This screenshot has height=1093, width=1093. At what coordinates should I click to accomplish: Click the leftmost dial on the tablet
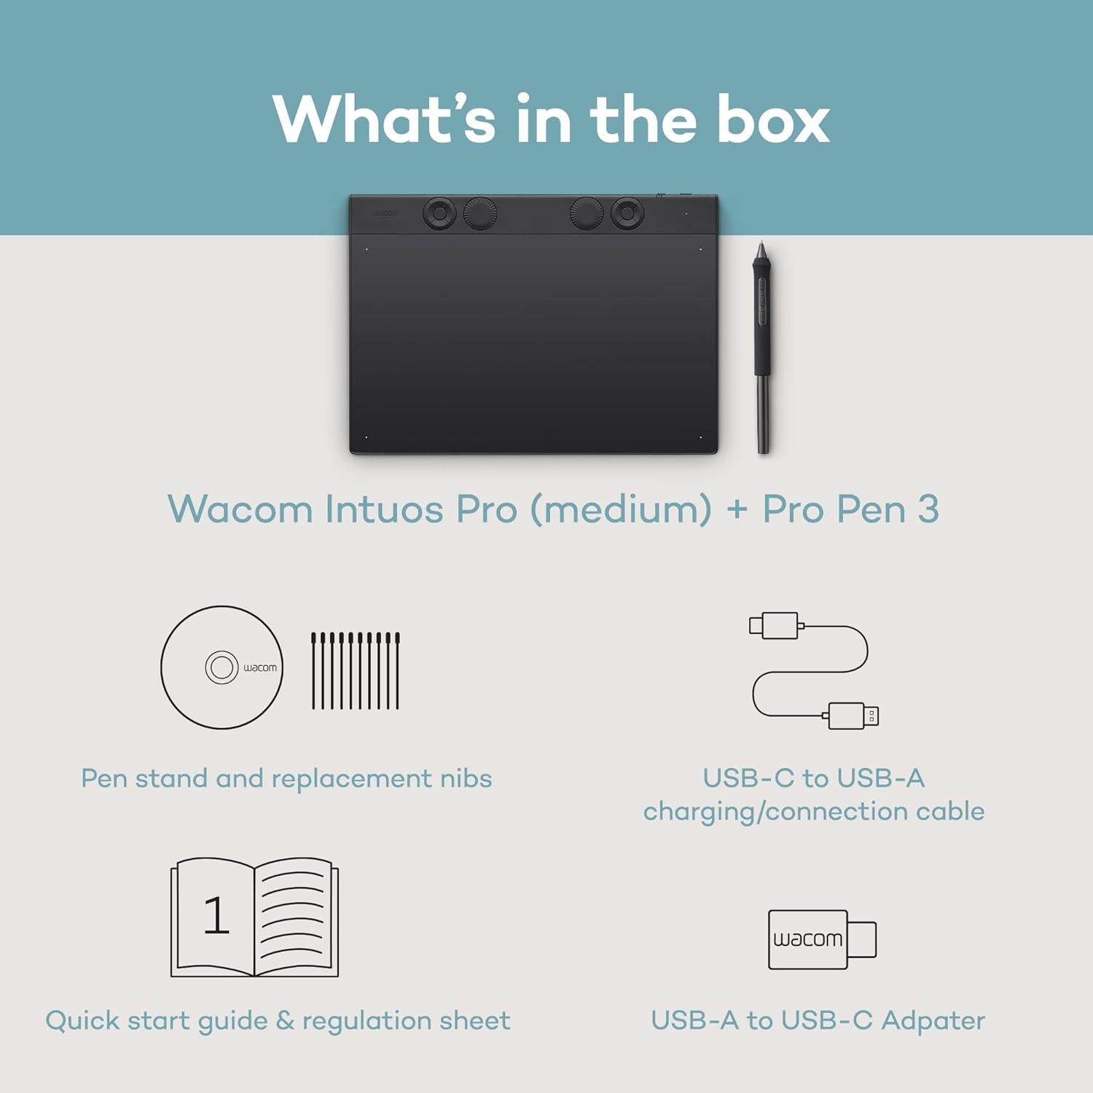point(439,213)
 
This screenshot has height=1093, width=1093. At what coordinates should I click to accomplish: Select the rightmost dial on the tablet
point(627,213)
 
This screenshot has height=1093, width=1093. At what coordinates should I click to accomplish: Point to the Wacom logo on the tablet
point(386,213)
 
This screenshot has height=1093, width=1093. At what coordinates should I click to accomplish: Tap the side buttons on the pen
point(761,299)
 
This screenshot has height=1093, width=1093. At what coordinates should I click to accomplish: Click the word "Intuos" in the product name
point(383,509)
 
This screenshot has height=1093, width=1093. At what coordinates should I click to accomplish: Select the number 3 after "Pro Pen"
point(928,509)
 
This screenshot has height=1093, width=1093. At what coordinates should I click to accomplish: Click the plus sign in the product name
point(737,510)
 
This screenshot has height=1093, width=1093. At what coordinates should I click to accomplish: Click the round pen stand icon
point(222,667)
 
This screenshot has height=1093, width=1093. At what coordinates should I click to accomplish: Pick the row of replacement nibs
point(356,670)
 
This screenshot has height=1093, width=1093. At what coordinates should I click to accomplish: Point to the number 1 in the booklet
point(216,915)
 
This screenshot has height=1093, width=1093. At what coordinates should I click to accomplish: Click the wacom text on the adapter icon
point(807,939)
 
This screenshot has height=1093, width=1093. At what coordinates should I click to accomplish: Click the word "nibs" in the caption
point(466,778)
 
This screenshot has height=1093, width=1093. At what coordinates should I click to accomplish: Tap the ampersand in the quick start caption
point(285,1020)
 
